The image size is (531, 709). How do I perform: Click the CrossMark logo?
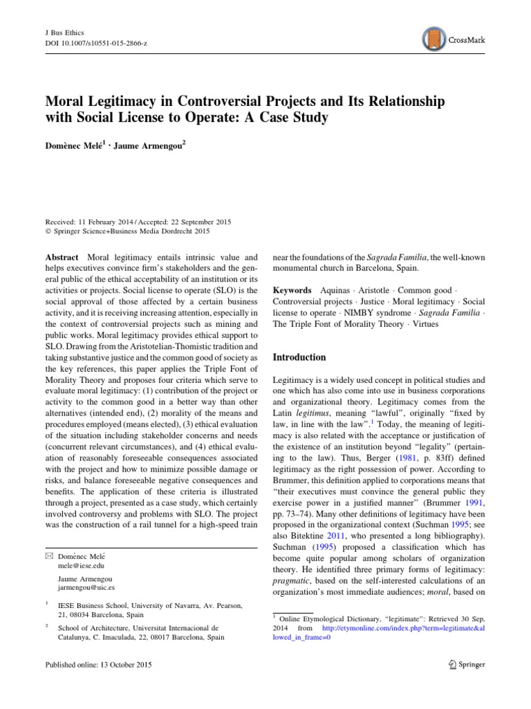point(453,39)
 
